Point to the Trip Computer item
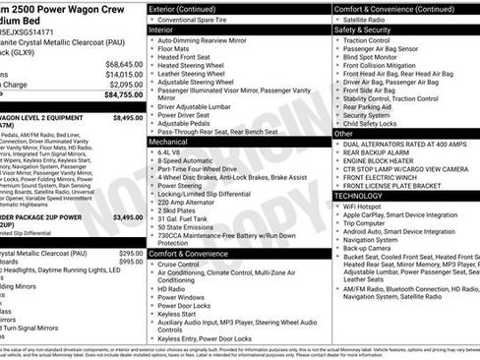pos(370,223)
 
